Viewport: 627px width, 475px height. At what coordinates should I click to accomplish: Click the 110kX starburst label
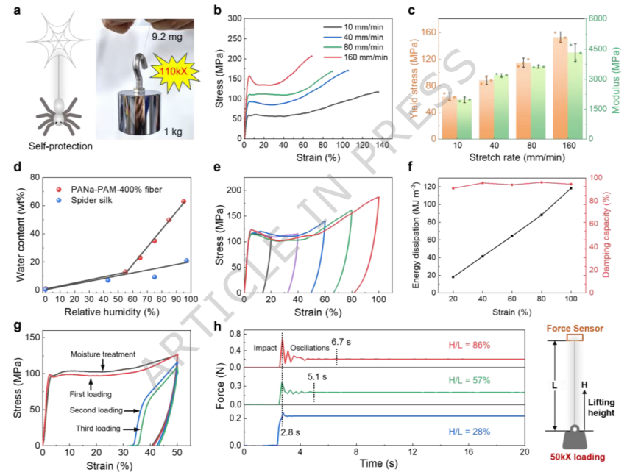174,72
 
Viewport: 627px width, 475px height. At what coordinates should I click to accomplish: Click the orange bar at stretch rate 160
560,88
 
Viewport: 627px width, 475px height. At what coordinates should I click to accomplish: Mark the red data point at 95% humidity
183,201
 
